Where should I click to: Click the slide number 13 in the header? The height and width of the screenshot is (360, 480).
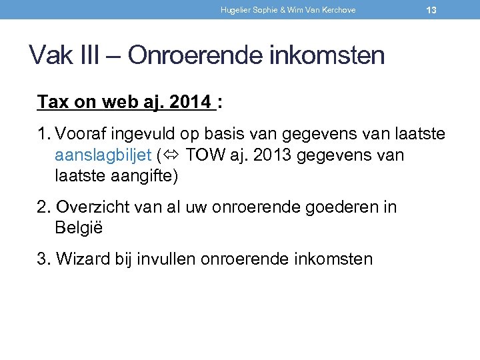point(431,10)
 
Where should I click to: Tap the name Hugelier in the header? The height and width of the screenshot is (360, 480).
point(234,10)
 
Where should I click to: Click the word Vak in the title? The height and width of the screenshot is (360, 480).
point(50,55)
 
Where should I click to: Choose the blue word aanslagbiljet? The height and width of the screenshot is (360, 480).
point(103,156)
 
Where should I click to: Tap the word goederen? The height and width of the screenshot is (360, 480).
point(341,207)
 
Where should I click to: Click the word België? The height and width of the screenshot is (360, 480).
point(79,228)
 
